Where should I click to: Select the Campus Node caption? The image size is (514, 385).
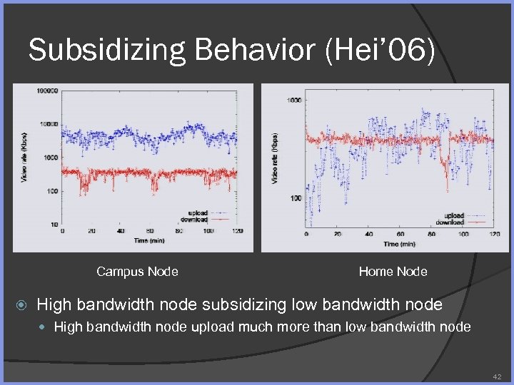[x=137, y=272]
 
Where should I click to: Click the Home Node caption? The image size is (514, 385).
[x=393, y=272]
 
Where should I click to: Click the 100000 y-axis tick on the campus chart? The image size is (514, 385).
[x=48, y=91]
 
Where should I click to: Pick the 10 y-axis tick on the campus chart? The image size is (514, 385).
[x=54, y=225]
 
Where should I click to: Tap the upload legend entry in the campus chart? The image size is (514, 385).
[x=198, y=213]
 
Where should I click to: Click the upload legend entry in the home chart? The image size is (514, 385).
[x=454, y=216]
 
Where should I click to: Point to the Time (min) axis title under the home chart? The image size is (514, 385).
[x=400, y=244]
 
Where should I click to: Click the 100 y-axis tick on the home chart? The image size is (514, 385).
[x=295, y=198]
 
